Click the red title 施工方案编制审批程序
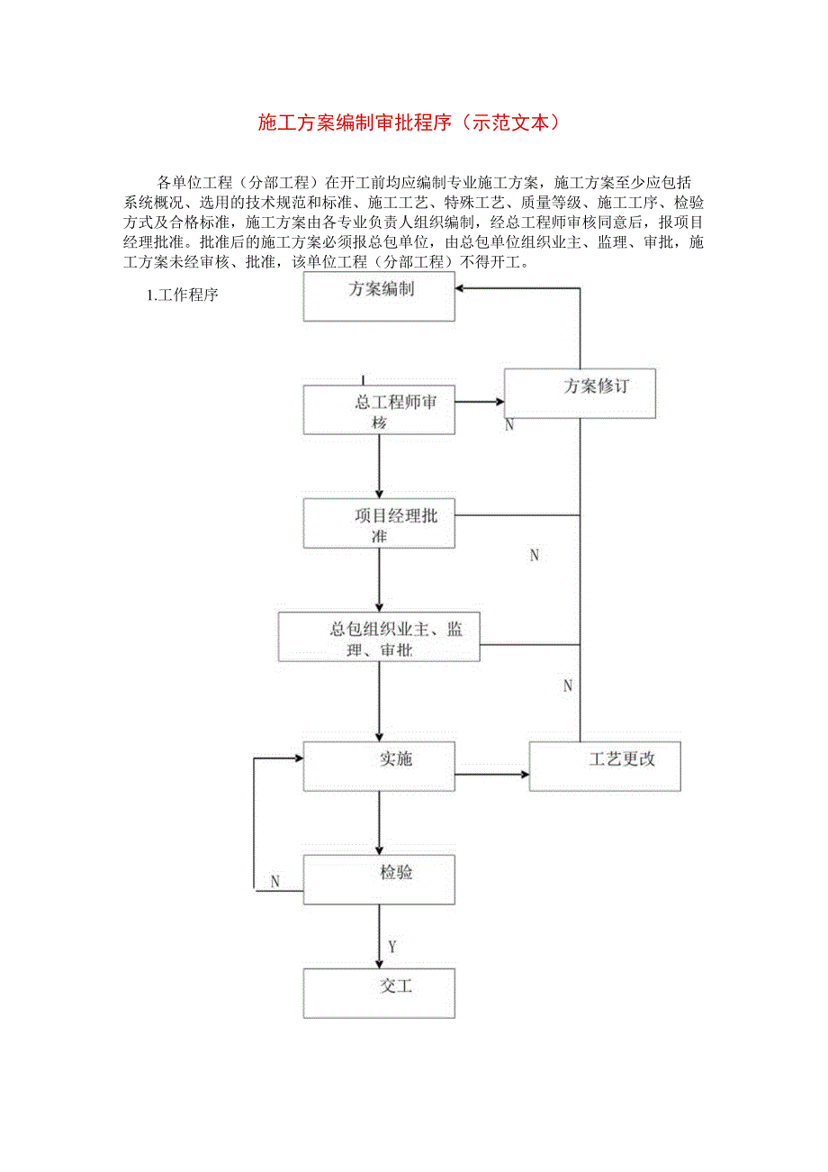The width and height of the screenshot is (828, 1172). (x=409, y=123)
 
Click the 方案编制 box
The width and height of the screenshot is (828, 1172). (x=379, y=296)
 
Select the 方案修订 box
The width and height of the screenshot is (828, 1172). (x=580, y=393)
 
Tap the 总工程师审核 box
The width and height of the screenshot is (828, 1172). (x=379, y=411)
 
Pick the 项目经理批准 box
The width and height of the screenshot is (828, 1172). (x=379, y=523)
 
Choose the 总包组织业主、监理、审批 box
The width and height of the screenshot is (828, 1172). (x=379, y=637)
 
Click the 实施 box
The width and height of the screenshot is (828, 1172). (x=379, y=767)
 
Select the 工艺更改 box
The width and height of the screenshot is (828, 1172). (x=604, y=767)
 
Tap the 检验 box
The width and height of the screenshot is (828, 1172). (x=379, y=879)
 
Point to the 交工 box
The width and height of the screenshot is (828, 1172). (x=379, y=993)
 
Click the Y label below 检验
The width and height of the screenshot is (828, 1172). (x=392, y=946)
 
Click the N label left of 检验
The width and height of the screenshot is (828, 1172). (x=275, y=881)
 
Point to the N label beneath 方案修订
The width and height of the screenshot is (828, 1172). (x=509, y=424)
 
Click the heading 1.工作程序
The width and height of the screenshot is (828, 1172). (x=182, y=295)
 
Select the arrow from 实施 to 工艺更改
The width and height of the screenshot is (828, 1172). (x=491, y=774)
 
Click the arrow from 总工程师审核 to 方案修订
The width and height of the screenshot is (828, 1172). (x=480, y=401)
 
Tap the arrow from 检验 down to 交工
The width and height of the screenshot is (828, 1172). (x=379, y=937)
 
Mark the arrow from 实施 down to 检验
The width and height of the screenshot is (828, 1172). (x=379, y=823)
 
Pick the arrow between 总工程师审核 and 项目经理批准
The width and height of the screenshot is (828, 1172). (x=379, y=467)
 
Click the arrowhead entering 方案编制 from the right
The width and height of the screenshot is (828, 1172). (x=461, y=288)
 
